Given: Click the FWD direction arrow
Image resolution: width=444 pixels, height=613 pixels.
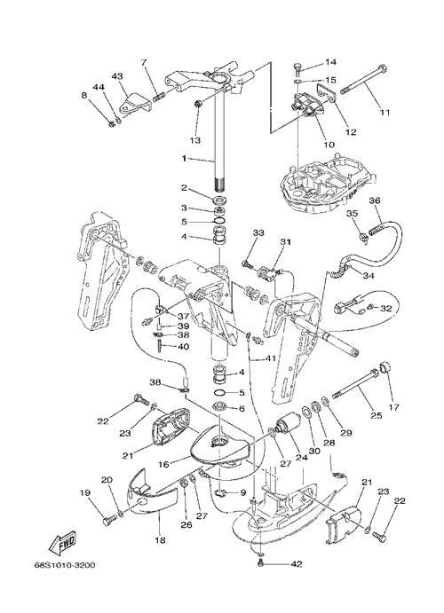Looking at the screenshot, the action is point(61,544).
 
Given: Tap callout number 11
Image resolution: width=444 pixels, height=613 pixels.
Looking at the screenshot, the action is point(385,113).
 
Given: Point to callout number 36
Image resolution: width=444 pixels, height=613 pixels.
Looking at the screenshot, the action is point(375,200).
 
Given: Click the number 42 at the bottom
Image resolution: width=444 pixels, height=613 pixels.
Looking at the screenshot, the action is point(296,563).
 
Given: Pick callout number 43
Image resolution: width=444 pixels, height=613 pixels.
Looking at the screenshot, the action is point(118,75).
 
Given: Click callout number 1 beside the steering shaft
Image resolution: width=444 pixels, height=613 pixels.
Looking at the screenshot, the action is point(184,159).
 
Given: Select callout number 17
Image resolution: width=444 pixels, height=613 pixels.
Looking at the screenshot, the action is point(394,407).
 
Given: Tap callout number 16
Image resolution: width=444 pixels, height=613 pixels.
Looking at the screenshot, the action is point(163,464).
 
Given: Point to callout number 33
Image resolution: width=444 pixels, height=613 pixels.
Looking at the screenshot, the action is point(258,232).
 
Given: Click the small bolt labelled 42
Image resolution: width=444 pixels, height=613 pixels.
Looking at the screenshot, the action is point(260,562).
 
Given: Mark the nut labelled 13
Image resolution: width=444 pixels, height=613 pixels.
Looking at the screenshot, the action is point(198,104).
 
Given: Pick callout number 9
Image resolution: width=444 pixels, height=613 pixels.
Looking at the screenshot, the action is point(243,492).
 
